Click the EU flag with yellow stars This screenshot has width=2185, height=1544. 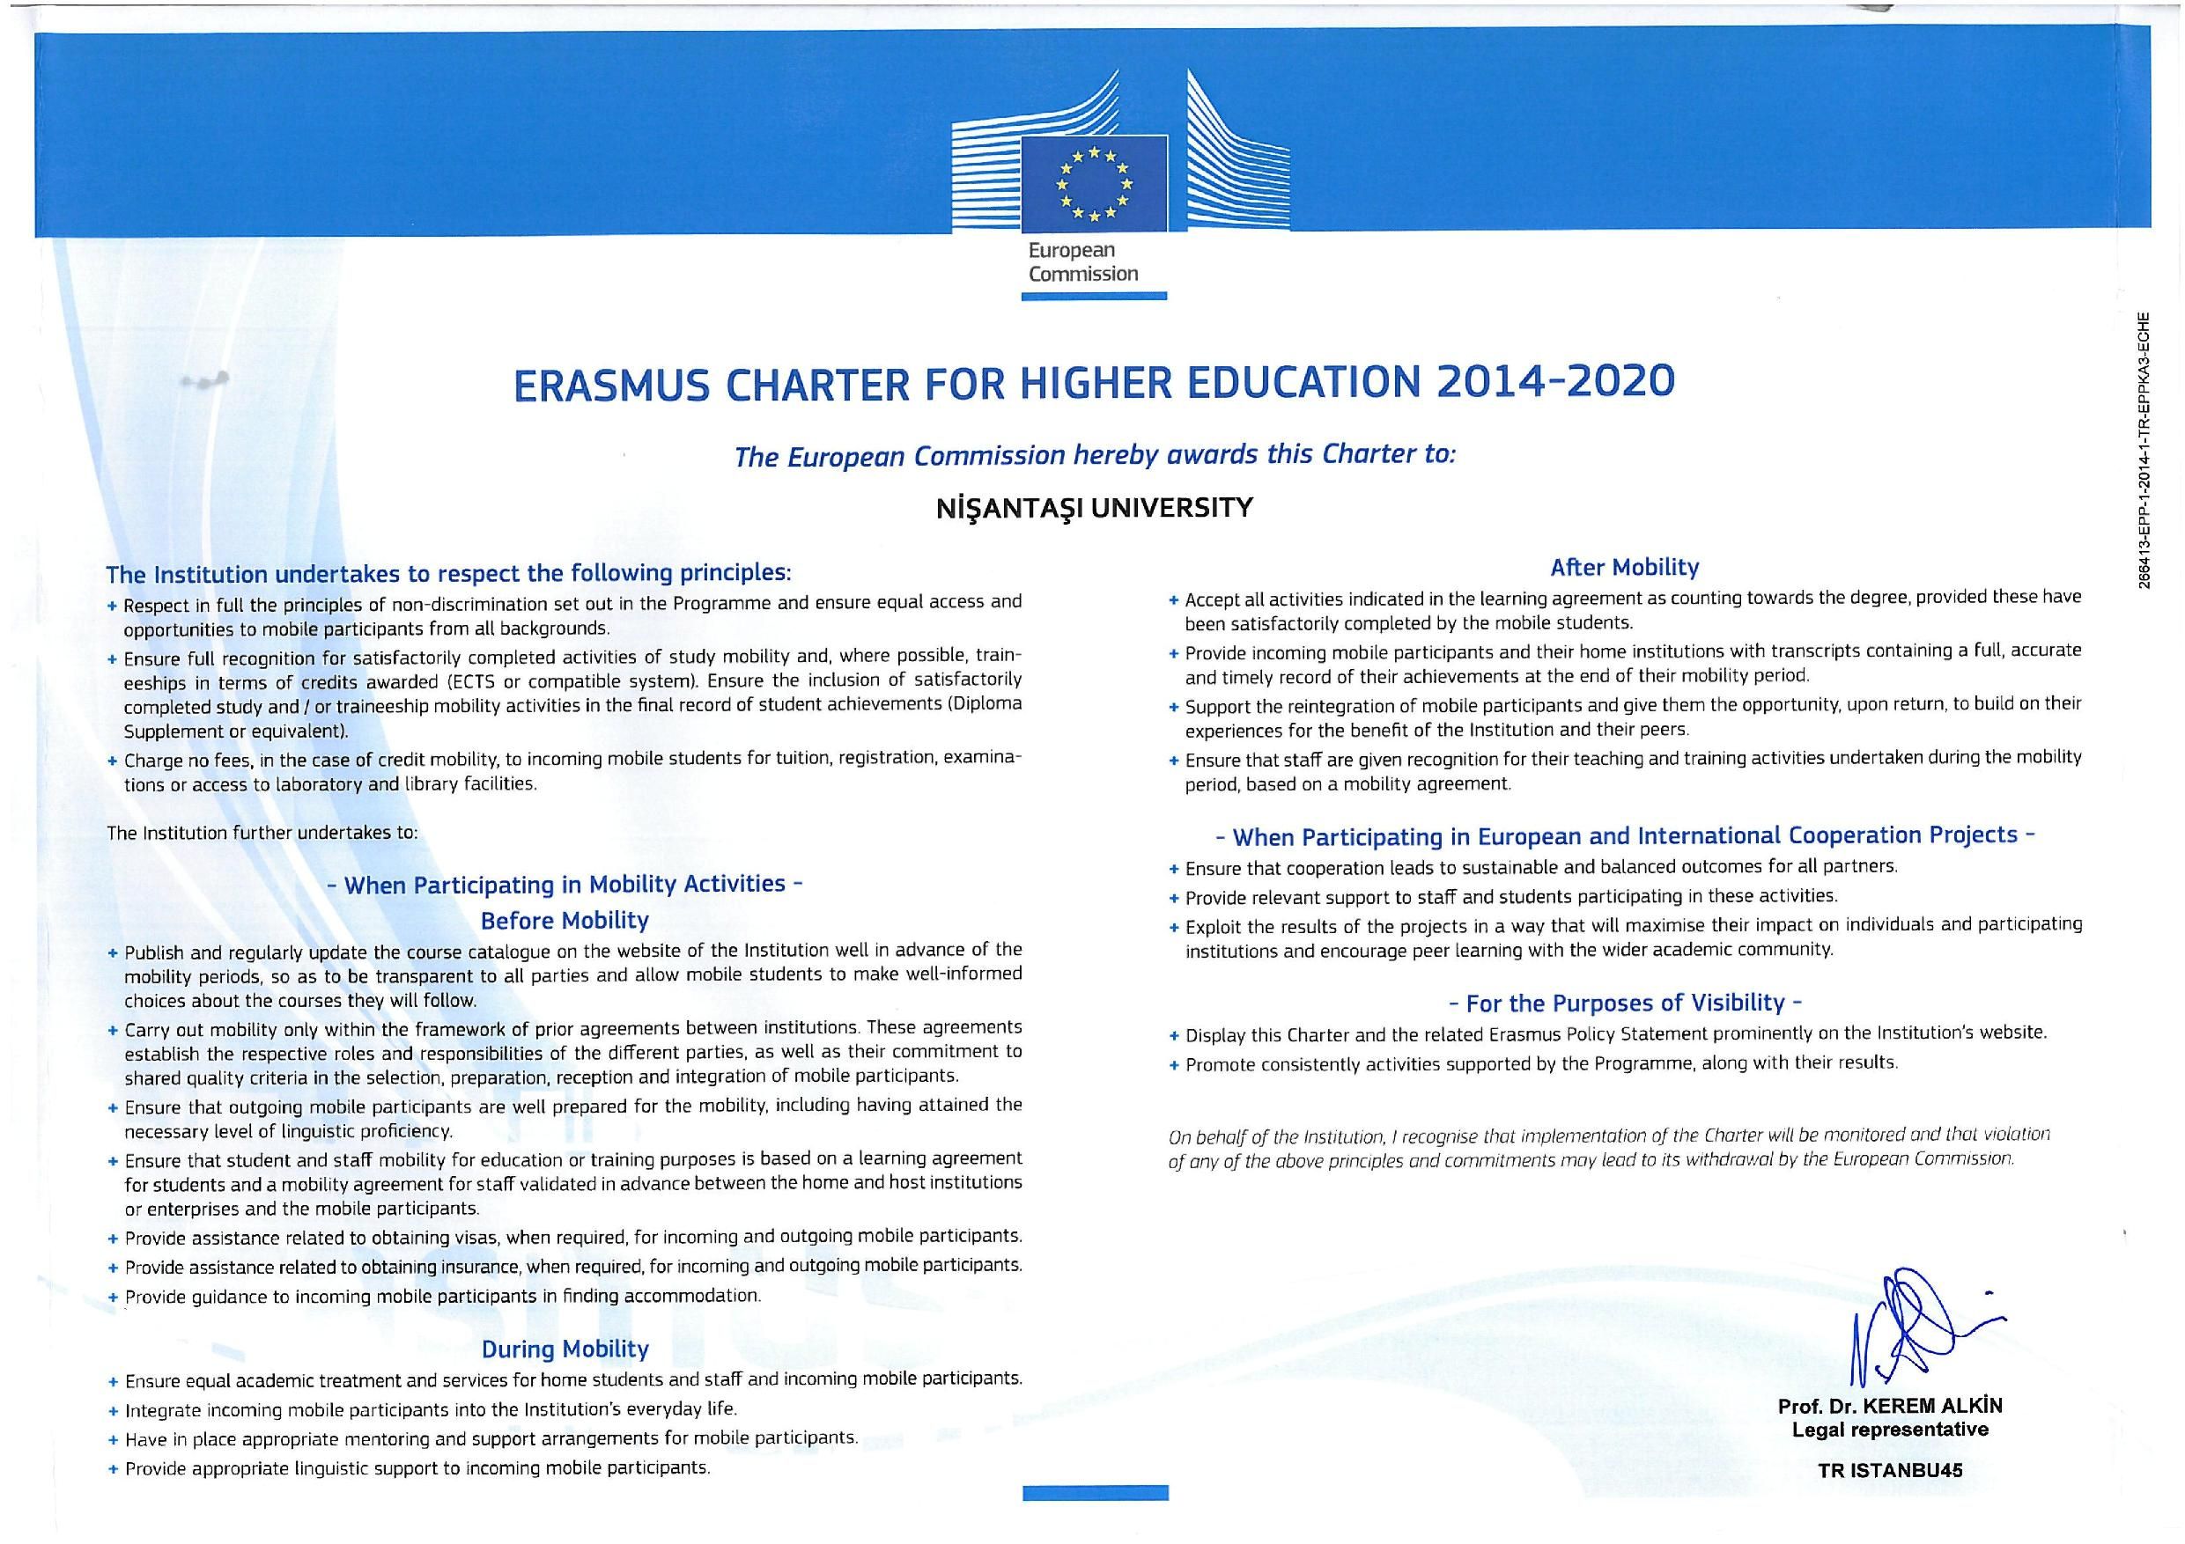coord(1094,184)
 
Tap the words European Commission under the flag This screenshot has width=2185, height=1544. coord(1083,262)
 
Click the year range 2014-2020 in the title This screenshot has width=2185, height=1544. coord(1555,382)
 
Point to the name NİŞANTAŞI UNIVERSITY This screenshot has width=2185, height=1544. coord(1094,508)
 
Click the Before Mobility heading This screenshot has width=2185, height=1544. coord(565,921)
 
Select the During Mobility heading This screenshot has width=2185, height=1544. coord(565,1349)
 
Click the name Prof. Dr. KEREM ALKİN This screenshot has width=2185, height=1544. coord(1889,1406)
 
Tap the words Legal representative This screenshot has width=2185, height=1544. coord(1889,1430)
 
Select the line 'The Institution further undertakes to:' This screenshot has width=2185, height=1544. coord(262,834)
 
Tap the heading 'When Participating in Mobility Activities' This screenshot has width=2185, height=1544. coord(565,885)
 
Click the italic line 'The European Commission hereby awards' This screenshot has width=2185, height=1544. coord(1095,456)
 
